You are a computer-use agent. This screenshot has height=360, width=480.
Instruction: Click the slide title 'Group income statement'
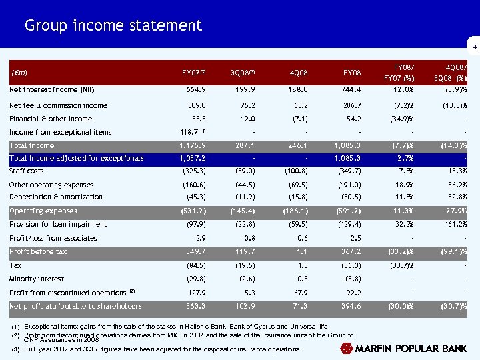tap(113, 26)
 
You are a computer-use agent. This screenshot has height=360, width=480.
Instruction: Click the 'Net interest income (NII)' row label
tap(51, 89)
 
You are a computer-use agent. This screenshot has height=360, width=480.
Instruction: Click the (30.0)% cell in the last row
tap(400, 307)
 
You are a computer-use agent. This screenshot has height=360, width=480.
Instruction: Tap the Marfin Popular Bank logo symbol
tap(347, 349)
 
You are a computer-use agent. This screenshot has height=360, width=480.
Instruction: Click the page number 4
tap(474, 46)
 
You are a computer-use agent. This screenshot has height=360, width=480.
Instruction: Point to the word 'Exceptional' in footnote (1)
tap(41, 326)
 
